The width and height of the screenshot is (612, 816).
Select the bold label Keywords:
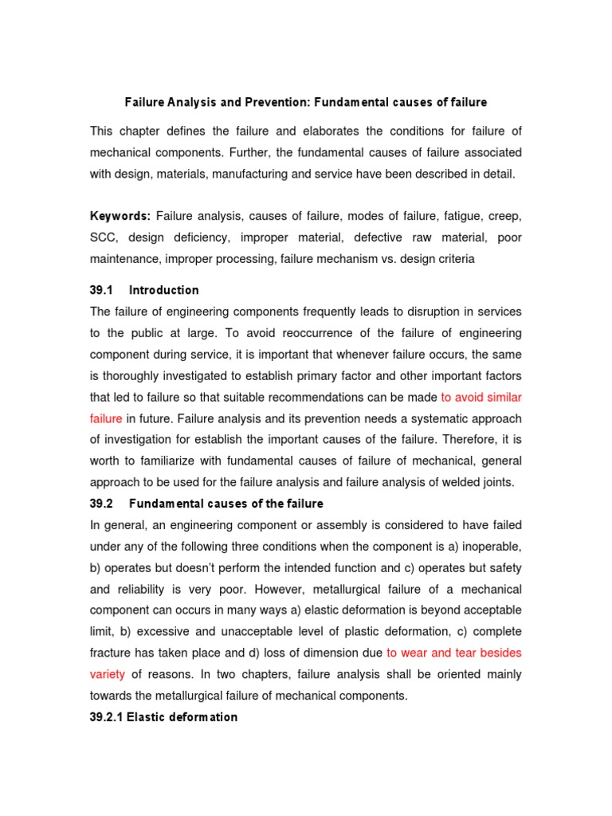coord(120,216)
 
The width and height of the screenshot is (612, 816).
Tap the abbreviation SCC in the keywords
coord(103,237)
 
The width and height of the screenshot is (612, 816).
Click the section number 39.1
coord(103,290)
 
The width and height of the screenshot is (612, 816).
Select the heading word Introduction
coord(164,290)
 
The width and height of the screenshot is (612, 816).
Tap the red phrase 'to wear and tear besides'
coord(454,653)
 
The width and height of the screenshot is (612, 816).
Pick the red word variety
coord(108,674)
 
